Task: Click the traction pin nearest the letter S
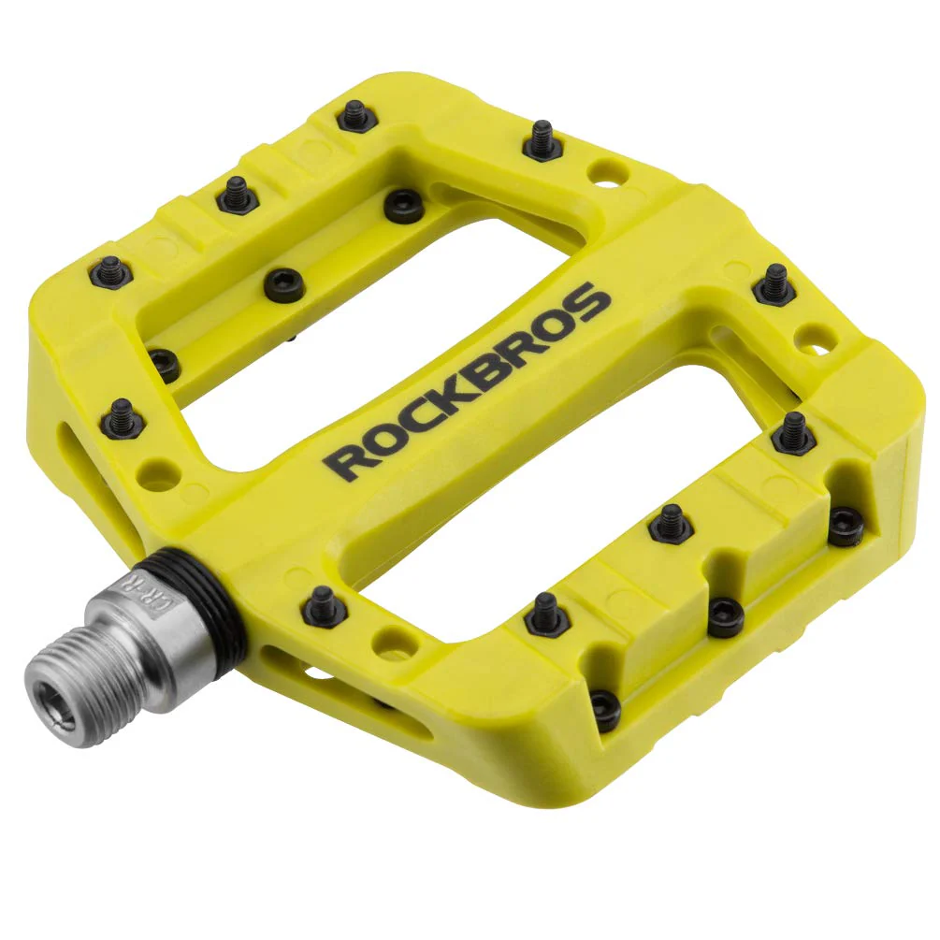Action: click(x=775, y=283)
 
